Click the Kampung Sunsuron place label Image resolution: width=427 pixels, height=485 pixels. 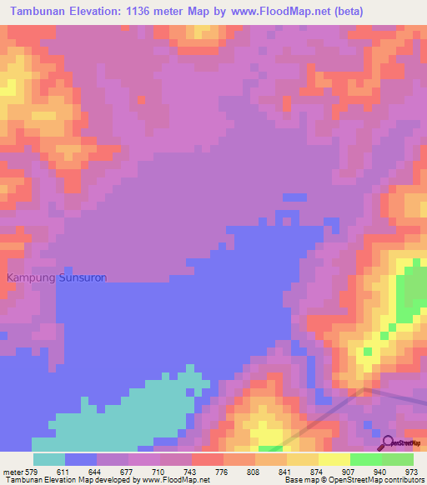pyautogui.click(x=57, y=277)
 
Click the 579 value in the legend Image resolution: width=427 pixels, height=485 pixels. pyautogui.click(x=33, y=472)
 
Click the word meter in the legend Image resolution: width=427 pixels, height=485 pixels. pyautogui.click(x=13, y=472)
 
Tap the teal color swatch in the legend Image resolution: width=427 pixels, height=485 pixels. pyautogui.click(x=49, y=459)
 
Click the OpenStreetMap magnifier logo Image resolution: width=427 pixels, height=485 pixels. pyautogui.click(x=388, y=442)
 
